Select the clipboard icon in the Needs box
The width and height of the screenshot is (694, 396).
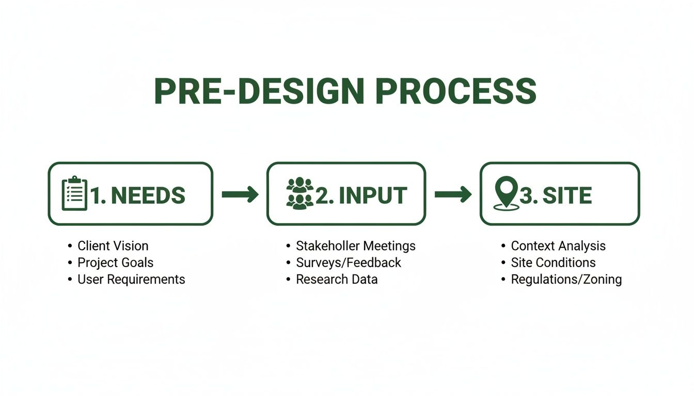pyautogui.click(x=74, y=194)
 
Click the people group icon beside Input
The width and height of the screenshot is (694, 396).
pyautogui.click(x=299, y=194)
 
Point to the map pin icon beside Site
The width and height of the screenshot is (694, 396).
pyautogui.click(x=506, y=194)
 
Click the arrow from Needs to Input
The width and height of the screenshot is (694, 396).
pyautogui.click(x=240, y=194)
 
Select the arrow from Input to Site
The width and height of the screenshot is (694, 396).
pyautogui.click(x=453, y=194)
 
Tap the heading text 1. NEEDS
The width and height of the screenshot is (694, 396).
pyautogui.click(x=138, y=195)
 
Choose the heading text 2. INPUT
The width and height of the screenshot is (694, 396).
pyautogui.click(x=361, y=195)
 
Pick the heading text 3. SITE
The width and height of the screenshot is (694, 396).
pyautogui.click(x=556, y=195)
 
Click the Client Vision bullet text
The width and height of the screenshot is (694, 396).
pyautogui.click(x=113, y=246)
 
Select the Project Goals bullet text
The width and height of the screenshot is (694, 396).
pyautogui.click(x=115, y=262)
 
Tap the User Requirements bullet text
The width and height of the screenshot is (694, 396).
pyautogui.click(x=131, y=279)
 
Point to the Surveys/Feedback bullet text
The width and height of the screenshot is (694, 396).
pyautogui.click(x=349, y=262)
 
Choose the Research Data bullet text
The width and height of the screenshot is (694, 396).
pyautogui.click(x=337, y=279)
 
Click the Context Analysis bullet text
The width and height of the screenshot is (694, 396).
pyautogui.click(x=558, y=246)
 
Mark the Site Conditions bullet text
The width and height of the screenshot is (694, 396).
pyautogui.click(x=553, y=262)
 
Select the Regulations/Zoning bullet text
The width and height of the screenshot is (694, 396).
pyautogui.click(x=566, y=279)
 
